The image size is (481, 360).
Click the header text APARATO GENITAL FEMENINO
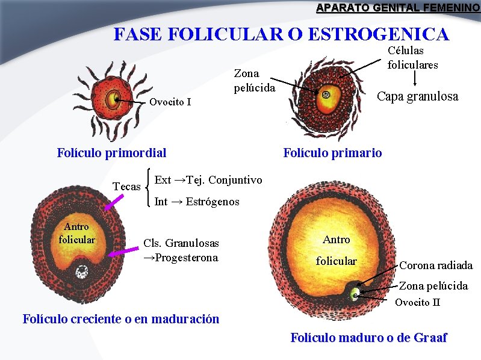point(398,8)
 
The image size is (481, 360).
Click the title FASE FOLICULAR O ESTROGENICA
point(281,34)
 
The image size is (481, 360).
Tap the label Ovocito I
point(170,102)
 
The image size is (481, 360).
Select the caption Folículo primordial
point(111,153)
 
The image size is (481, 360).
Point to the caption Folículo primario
point(332,153)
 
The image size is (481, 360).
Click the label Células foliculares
point(412,58)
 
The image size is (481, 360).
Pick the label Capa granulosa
point(417,96)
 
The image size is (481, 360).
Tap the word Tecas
point(126,187)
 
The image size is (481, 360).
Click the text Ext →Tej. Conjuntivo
point(208,180)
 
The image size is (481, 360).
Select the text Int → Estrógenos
point(197,202)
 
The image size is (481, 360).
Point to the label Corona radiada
point(436,265)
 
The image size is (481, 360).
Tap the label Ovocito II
point(417,302)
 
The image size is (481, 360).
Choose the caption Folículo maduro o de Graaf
point(368,338)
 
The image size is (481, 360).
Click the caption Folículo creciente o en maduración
point(120,319)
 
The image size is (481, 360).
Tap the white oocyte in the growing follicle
point(81,274)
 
